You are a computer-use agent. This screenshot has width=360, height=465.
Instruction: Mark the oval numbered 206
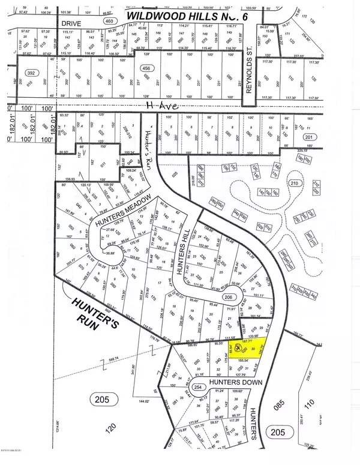(227, 296)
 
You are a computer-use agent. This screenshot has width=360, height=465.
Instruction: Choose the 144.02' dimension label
(160, 399)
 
